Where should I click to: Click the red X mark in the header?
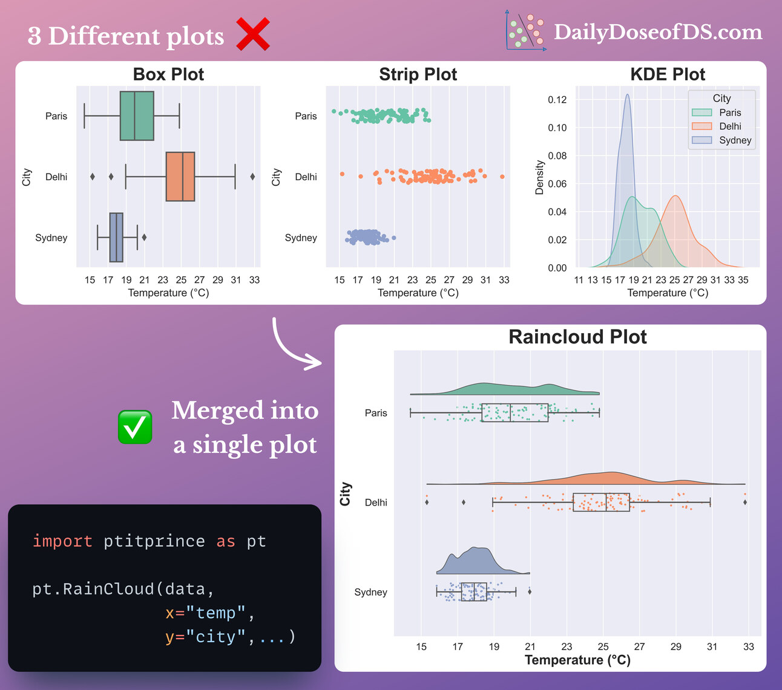pos(253,34)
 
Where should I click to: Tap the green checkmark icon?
pos(135,427)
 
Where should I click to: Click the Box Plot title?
pos(168,74)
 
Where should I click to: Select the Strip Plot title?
pos(418,74)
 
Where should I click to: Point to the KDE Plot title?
pos(668,74)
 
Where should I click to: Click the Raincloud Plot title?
pos(577,337)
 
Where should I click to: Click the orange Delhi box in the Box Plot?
pos(180,177)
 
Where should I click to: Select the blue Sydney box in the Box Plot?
pos(116,238)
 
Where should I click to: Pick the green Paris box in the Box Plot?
pos(137,116)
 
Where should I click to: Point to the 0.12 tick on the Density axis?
pos(557,100)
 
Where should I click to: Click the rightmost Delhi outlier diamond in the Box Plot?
pos(252,177)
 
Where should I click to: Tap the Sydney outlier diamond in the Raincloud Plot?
pos(530,591)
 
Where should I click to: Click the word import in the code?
pos(62,541)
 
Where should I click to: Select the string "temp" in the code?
pos(215,613)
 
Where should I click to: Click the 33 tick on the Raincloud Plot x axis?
pos(749,646)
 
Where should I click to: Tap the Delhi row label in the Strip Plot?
pos(306,177)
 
